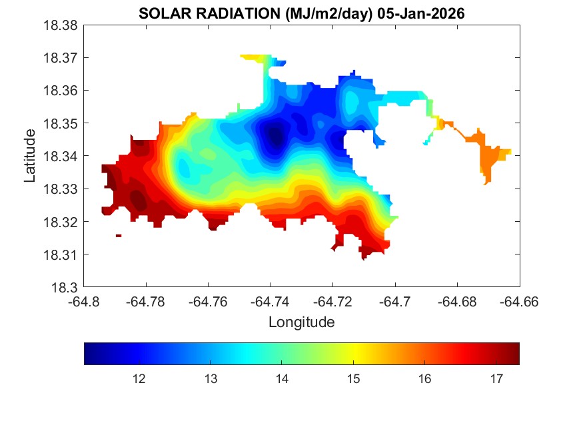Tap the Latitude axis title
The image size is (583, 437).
tap(29, 156)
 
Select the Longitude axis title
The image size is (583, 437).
tap(301, 322)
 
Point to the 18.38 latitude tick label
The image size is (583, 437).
tap(61, 25)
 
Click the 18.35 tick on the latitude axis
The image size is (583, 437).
tap(61, 124)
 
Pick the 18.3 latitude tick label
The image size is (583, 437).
tap(65, 288)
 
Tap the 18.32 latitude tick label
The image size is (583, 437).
tap(61, 222)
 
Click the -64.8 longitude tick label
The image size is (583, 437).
tap(85, 302)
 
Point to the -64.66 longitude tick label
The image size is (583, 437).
tap(519, 302)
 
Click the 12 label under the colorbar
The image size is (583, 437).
tap(139, 379)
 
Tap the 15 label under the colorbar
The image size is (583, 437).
tap(353, 379)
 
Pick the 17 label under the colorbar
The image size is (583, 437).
tap(496, 379)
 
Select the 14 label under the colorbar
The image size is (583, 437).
tap(282, 379)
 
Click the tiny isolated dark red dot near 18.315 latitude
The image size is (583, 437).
tap(119, 235)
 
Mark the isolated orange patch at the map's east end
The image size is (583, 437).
tap(491, 157)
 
